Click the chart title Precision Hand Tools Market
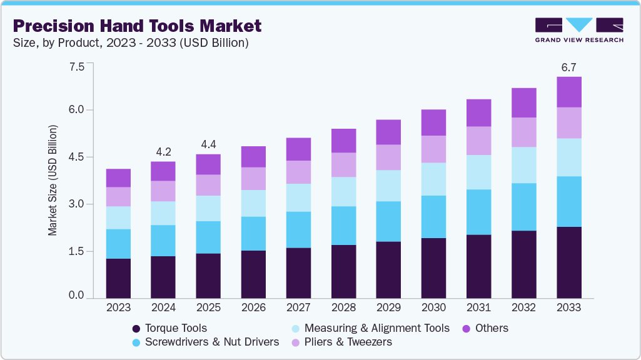click(x=137, y=26)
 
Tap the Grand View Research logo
click(x=578, y=30)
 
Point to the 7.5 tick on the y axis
click(x=76, y=67)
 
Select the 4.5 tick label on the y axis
click(x=76, y=157)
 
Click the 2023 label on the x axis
click(x=118, y=307)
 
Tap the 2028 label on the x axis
click(x=343, y=307)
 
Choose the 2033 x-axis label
click(x=568, y=307)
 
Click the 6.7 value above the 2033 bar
click(x=568, y=66)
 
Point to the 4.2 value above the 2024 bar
click(x=163, y=151)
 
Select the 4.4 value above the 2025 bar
click(x=208, y=144)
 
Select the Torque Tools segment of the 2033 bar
click(x=568, y=262)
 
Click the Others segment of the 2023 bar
click(x=118, y=178)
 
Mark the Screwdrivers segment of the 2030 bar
click(x=433, y=217)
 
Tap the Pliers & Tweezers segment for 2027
click(x=298, y=172)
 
